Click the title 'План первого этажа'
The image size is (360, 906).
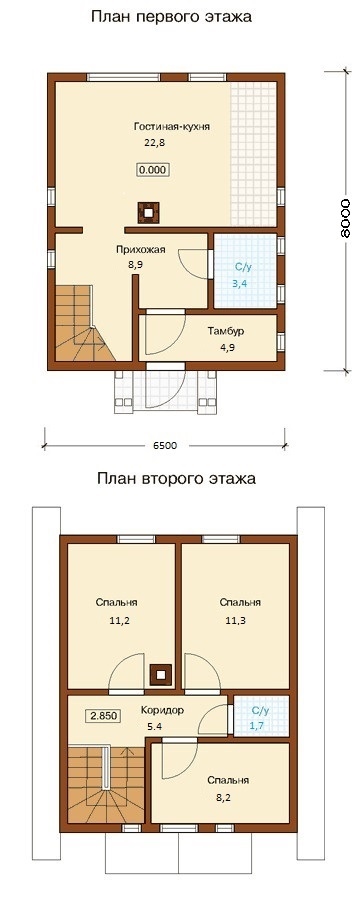171,17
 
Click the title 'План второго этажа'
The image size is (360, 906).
176,479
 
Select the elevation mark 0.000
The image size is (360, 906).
154,170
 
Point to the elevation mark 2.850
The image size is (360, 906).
103,715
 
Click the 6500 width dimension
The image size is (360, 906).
165,445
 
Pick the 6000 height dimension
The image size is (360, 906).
344,219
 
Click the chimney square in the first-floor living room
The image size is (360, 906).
149,213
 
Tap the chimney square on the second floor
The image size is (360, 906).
161,674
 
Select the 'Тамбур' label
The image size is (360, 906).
226,332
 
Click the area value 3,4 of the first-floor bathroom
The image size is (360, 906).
242,283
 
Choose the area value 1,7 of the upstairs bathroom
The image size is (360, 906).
257,726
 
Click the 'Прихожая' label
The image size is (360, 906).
141,250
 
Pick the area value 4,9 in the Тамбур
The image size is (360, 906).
226,348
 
